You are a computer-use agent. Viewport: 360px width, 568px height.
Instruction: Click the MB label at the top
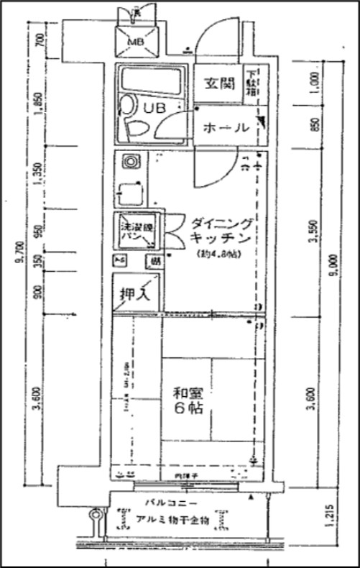pyautogui.click(x=134, y=41)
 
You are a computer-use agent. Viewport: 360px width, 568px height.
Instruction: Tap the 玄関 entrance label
pyautogui.click(x=218, y=83)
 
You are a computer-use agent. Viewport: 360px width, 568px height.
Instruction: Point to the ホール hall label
pyautogui.click(x=226, y=128)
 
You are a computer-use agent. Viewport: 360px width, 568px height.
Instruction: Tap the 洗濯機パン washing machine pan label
pyautogui.click(x=133, y=229)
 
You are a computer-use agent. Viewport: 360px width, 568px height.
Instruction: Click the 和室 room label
pyautogui.click(x=189, y=394)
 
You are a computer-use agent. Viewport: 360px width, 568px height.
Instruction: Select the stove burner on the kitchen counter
pyautogui.click(x=131, y=162)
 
